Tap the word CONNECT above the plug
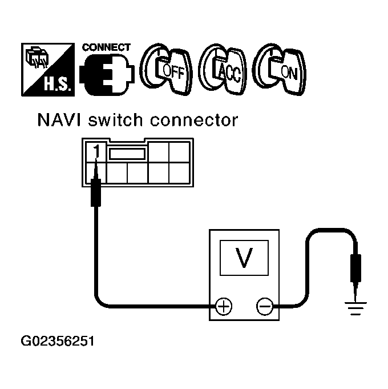[106, 47]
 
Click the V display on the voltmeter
[244, 258]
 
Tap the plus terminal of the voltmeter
[224, 307]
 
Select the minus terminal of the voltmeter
[264, 307]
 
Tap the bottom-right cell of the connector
[181, 172]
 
